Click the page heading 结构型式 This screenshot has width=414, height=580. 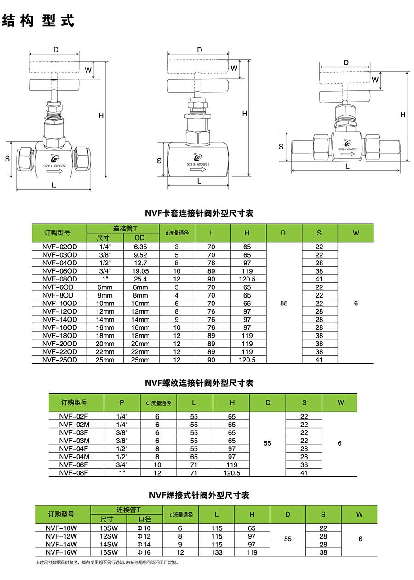coord(38,21)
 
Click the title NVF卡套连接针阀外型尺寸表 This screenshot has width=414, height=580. coord(199,213)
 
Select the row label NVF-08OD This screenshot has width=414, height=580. coord(59,279)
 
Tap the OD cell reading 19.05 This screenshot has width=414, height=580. coord(140,271)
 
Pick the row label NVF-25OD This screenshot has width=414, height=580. coord(59,360)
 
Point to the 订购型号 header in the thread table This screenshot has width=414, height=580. coord(75,402)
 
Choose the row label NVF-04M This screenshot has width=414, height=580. coord(74,457)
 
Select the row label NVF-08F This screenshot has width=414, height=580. coord(74,473)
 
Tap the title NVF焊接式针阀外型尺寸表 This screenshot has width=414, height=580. coord(199,495)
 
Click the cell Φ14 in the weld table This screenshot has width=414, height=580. coord(144,544)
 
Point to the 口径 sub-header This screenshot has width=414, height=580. coord(145,519)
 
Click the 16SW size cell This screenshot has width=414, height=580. coord(109,552)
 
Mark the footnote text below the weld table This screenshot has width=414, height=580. coord(106,563)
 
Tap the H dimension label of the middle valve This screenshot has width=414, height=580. coord(245,113)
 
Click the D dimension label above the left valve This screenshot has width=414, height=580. coord(56,50)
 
